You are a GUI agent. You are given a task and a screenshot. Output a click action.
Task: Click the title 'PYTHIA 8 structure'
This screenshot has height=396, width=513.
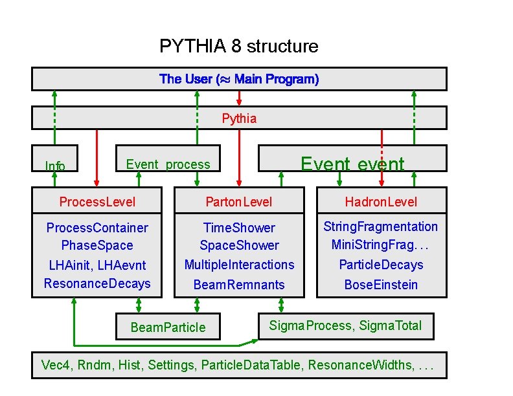point(238,47)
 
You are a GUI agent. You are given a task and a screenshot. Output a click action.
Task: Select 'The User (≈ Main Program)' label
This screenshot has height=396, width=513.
point(238,80)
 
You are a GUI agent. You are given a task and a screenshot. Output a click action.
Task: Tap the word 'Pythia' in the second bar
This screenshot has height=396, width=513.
point(239,118)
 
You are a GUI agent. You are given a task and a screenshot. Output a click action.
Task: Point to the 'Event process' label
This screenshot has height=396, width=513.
point(168,164)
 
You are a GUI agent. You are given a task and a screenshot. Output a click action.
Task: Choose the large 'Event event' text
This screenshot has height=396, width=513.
point(352,164)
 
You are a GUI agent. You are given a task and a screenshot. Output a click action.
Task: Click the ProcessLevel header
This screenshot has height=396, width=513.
point(97,202)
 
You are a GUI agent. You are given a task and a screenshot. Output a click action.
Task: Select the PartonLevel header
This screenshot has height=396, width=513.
point(239,202)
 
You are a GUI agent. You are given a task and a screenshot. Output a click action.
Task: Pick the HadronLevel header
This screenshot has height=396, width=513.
point(381,202)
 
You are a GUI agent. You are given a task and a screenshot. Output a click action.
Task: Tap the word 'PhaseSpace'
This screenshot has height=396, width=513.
point(97,245)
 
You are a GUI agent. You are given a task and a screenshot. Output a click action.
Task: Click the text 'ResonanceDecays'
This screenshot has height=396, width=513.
point(97,283)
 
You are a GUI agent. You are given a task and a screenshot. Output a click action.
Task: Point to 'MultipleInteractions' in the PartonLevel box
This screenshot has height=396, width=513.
point(239,265)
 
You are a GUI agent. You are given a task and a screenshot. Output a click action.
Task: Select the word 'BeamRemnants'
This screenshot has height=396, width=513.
point(239,285)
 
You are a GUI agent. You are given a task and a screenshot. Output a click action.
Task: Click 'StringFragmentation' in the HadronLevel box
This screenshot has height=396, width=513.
point(381,226)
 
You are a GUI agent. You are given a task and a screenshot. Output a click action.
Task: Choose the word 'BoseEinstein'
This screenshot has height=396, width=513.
point(381,285)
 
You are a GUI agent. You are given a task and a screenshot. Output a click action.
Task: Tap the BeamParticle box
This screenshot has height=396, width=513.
point(168,327)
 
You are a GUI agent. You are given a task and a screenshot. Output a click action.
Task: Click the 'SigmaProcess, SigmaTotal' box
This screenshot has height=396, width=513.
point(345,325)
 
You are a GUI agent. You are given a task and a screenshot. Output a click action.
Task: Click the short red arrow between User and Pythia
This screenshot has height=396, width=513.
point(239,98)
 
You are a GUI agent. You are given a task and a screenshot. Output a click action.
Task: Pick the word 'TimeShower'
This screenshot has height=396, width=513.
point(239,228)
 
